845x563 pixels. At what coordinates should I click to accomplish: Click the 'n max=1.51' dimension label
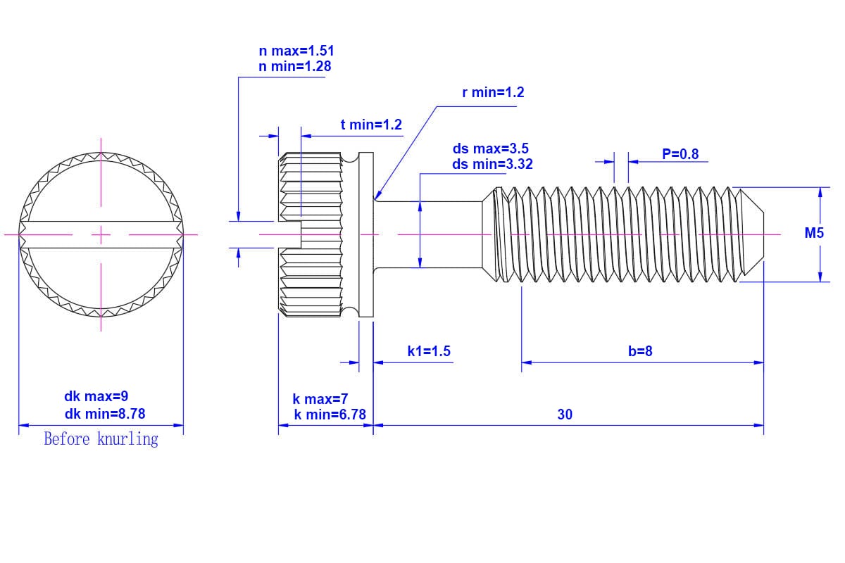pyautogui.click(x=296, y=51)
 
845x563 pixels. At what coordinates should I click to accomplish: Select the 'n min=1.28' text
pyautogui.click(x=294, y=66)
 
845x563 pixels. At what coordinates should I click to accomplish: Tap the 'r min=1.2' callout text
pyautogui.click(x=493, y=92)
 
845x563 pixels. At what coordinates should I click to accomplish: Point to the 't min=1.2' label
pyautogui.click(x=371, y=125)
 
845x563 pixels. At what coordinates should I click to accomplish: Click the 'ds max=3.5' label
pyautogui.click(x=490, y=149)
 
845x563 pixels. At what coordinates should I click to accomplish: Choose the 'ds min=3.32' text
pyautogui.click(x=492, y=165)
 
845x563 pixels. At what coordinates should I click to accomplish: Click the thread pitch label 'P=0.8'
pyautogui.click(x=680, y=154)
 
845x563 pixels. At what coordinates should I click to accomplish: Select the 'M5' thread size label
pyautogui.click(x=814, y=233)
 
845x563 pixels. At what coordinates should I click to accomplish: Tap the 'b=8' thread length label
pyautogui.click(x=640, y=351)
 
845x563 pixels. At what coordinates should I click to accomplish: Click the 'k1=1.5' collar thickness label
pyautogui.click(x=429, y=351)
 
